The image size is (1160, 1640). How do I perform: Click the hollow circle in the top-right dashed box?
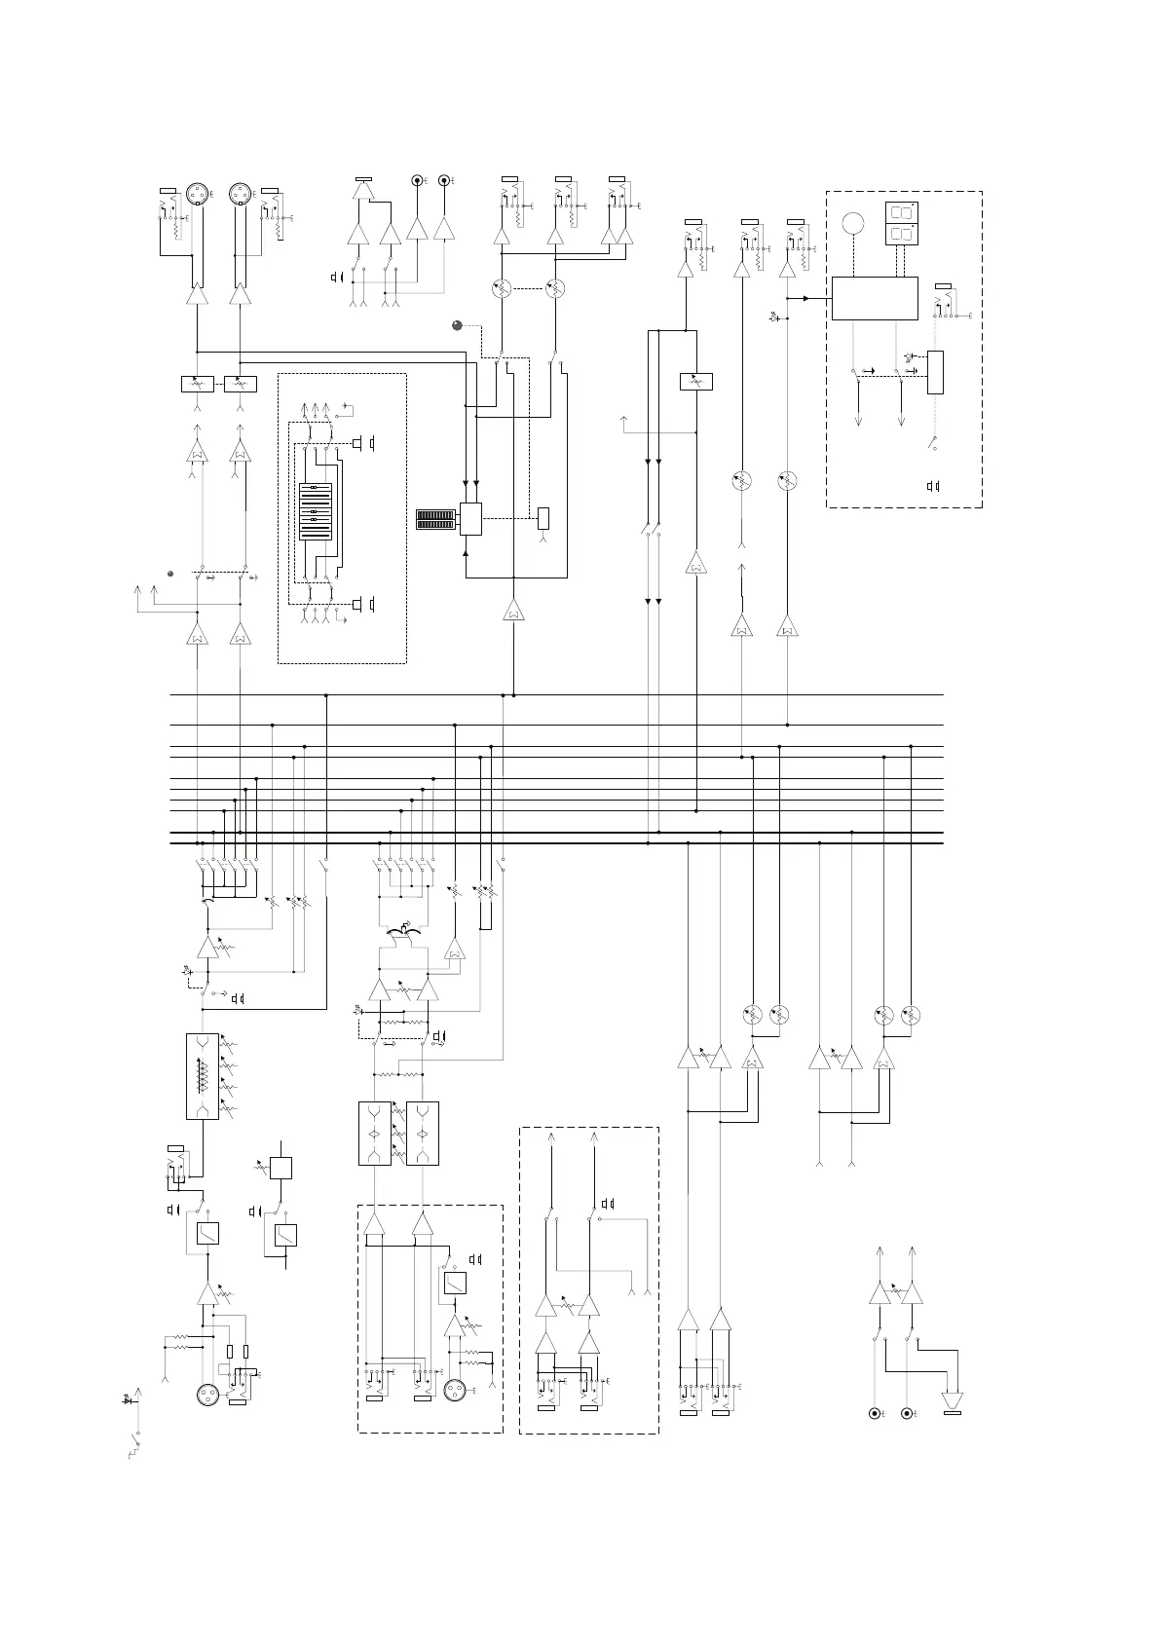[x=853, y=224]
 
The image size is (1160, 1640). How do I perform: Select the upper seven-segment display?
[x=900, y=213]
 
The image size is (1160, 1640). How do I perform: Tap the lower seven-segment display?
[x=900, y=235]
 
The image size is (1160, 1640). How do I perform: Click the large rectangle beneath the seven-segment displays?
[x=875, y=298]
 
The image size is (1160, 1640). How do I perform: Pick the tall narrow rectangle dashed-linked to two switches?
[x=935, y=372]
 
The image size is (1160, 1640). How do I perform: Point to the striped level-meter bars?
[x=435, y=519]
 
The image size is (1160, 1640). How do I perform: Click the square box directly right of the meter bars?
[x=471, y=518]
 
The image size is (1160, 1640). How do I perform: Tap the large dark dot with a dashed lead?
[x=457, y=325]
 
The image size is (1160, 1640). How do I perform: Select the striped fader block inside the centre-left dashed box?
[x=315, y=511]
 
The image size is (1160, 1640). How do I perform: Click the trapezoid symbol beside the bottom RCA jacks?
[x=952, y=1402]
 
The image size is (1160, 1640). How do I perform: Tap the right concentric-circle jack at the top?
[x=445, y=180]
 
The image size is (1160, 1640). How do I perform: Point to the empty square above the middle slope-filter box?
[x=281, y=1168]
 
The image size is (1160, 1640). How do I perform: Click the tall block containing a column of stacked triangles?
[x=202, y=1076]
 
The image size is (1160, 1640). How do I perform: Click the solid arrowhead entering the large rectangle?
[x=805, y=298]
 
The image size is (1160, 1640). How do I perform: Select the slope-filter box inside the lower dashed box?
[x=455, y=1283]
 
